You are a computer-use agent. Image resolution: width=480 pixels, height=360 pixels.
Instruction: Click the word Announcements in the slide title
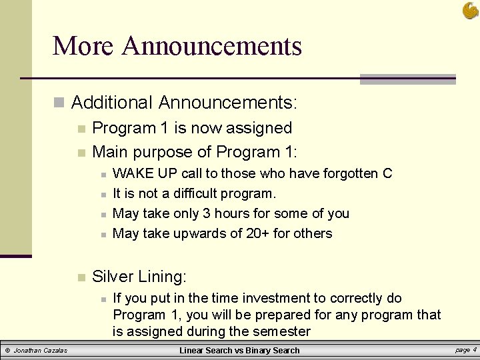point(212,46)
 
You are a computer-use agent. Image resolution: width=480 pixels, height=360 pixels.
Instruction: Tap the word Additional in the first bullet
point(112,103)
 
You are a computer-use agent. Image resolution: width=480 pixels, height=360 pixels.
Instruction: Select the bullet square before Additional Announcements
point(59,103)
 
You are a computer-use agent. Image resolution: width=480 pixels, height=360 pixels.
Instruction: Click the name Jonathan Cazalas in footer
point(41,351)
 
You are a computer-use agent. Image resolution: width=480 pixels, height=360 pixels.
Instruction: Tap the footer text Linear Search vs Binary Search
point(239,351)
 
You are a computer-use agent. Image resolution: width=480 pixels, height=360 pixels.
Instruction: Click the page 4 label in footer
point(465,350)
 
